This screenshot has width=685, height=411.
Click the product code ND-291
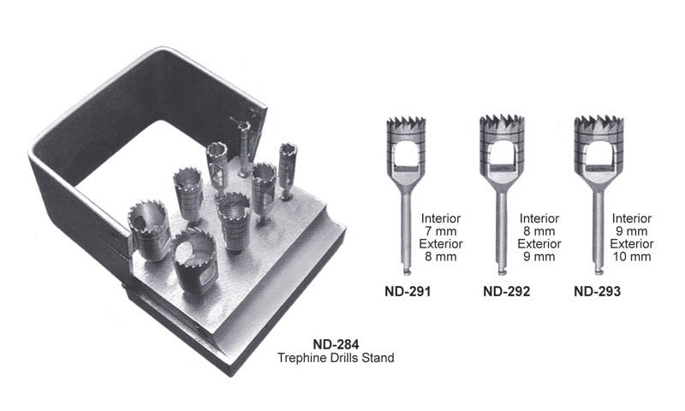408,291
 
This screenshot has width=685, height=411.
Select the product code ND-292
506,291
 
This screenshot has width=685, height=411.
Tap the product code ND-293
597,291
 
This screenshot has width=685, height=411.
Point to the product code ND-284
336,344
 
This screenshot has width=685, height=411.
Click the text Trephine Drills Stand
336,358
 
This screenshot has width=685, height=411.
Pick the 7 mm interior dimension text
441,231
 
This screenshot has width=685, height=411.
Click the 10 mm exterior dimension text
632,256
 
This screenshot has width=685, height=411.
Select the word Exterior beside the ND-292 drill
539,244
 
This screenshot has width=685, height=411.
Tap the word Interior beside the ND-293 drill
632,218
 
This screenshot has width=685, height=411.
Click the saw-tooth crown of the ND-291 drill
406,123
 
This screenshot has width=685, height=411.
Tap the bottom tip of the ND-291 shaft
406,273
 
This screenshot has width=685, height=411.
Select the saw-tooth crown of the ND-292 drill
502,123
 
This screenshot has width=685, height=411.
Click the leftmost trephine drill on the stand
148,229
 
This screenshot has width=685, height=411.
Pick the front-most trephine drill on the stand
194,260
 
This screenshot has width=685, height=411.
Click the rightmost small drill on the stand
288,170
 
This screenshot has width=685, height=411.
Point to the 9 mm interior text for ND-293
632,231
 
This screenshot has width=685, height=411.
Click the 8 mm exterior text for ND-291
441,256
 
